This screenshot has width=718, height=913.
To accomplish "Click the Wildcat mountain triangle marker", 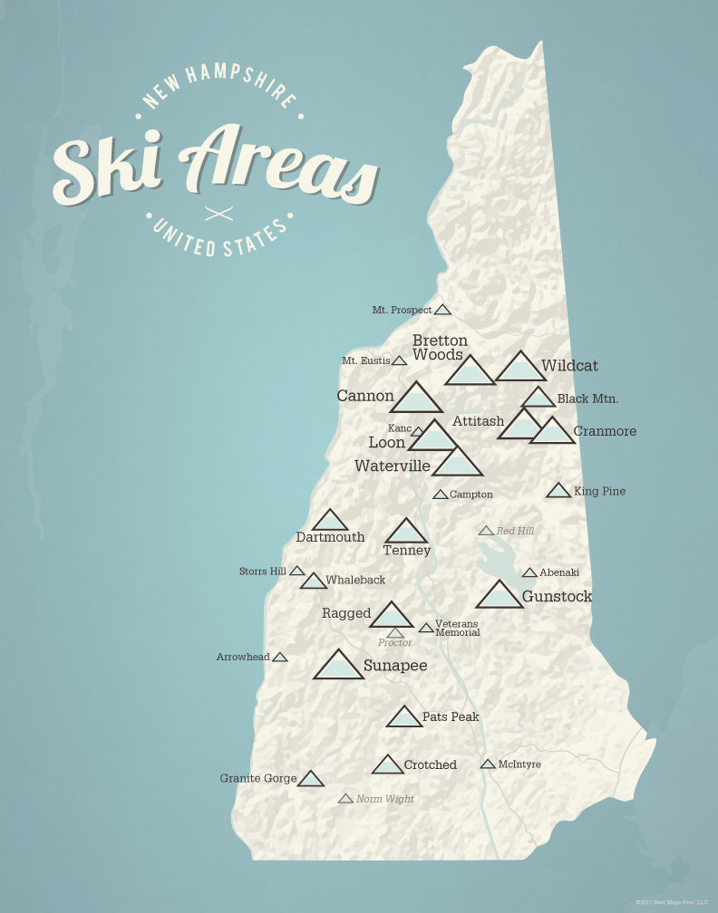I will tap(520, 369).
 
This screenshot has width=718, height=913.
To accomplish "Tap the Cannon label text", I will tap(365, 396).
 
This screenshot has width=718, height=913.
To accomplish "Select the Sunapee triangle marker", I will tap(338, 667).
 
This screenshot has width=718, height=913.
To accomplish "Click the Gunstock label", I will tap(557, 597).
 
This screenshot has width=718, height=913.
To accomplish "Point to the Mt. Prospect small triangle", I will tap(442, 310).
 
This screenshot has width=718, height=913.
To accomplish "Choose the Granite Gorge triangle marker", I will tap(311, 780).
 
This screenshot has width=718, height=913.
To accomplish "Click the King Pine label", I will tap(599, 491).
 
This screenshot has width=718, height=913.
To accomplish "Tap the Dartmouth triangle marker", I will tap(330, 521).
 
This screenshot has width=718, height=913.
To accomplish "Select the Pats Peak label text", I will tap(451, 716).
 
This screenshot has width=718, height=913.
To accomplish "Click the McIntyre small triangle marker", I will tap(488, 764).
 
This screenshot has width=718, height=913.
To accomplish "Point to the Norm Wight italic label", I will tap(384, 799).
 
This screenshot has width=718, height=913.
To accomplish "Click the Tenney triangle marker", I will tap(406, 533).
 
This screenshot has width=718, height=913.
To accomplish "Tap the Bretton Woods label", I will tap(440, 348).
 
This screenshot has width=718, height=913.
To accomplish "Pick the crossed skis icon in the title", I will tap(219, 214).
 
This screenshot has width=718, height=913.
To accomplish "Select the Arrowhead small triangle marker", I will tap(280, 657).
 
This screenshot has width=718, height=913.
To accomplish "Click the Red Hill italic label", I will tap(515, 531).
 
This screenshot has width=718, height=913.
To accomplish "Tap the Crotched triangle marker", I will tap(387, 765).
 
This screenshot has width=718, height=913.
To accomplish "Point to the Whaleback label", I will tap(355, 580).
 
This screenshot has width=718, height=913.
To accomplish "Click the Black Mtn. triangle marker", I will tap(538, 399).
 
